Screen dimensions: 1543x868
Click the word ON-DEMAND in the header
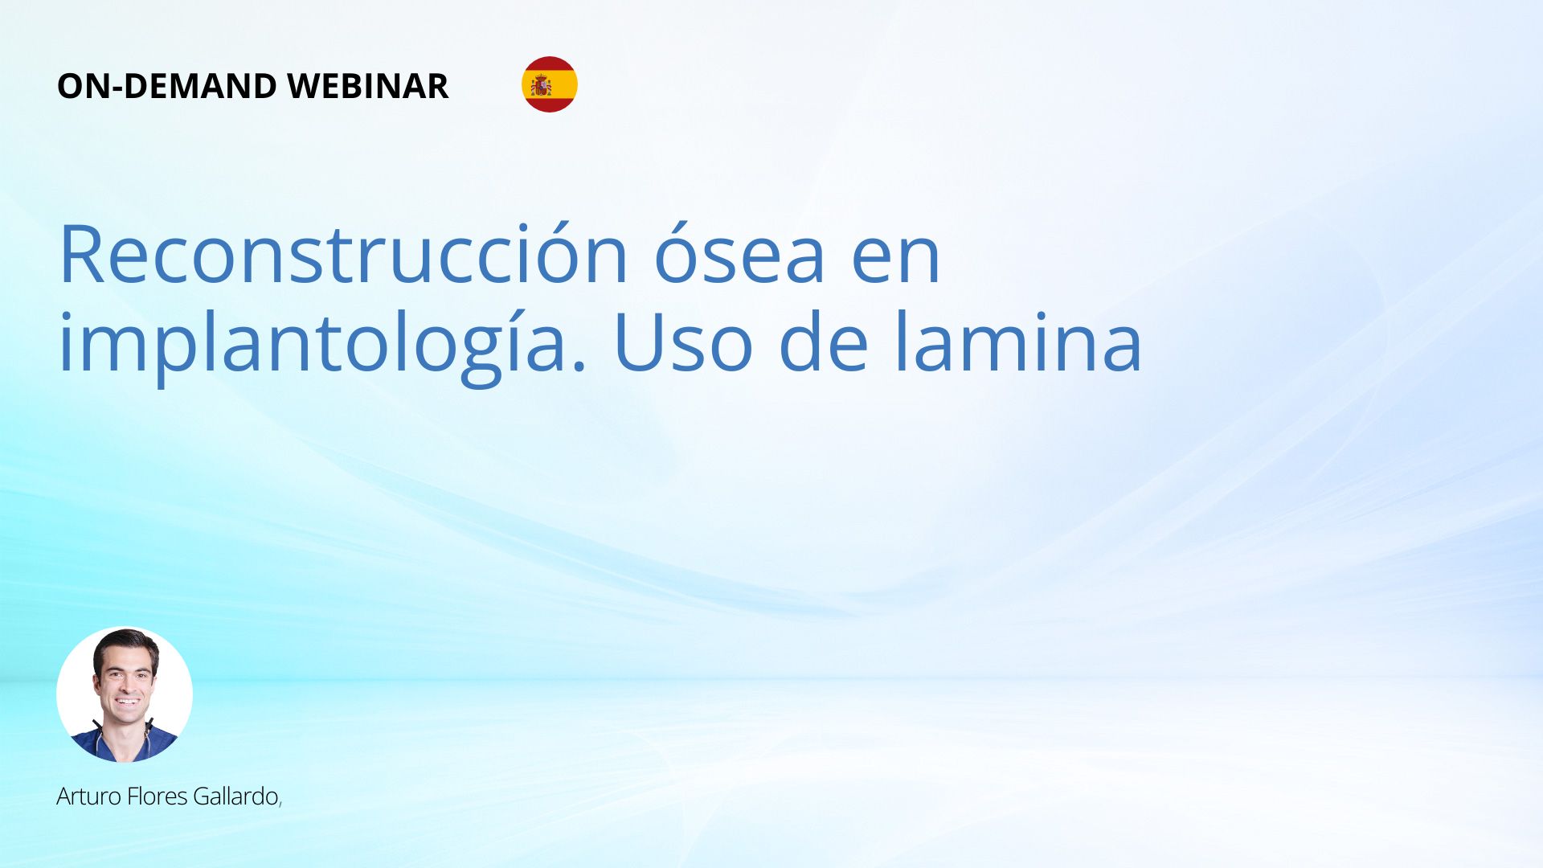[x=167, y=86]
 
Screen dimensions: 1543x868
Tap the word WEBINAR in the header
[x=367, y=86]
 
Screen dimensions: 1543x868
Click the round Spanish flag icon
[x=550, y=84]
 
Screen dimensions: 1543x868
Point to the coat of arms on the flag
[x=541, y=85]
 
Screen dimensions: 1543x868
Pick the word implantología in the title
[x=322, y=342]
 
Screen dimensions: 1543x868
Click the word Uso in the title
[x=682, y=342]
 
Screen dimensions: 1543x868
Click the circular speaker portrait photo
[x=125, y=694]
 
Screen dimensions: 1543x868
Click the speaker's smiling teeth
[x=126, y=702]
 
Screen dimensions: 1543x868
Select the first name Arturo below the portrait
[x=89, y=796]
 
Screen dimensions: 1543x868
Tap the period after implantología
[x=579, y=366]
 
